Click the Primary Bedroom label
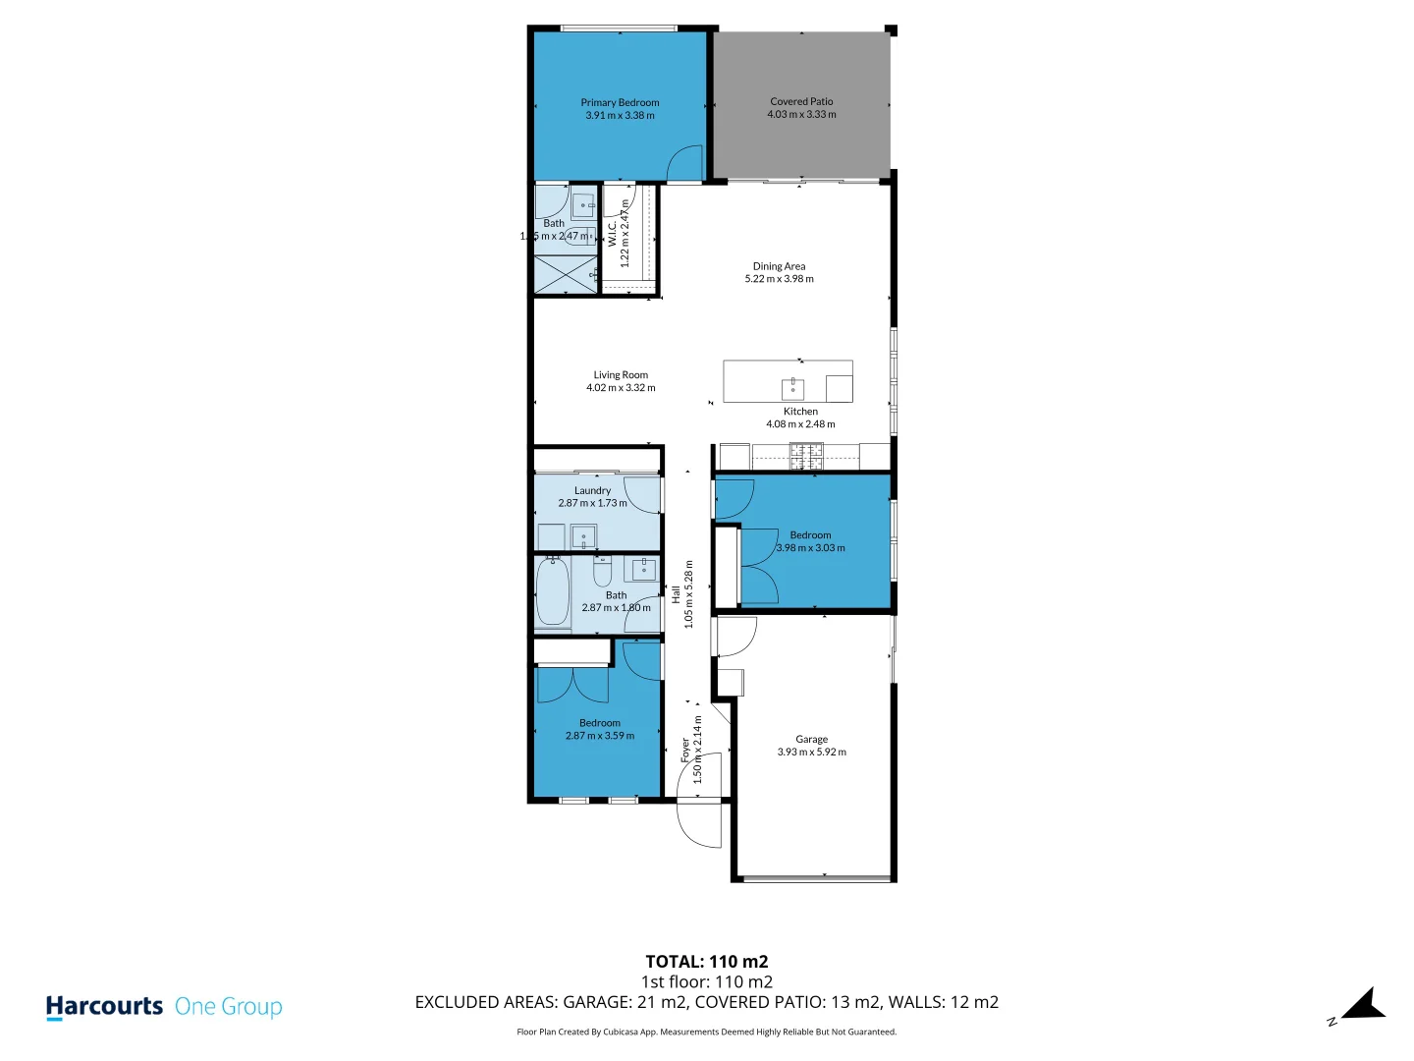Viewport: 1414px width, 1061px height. coord(620,102)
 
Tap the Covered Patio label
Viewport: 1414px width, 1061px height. coord(801,101)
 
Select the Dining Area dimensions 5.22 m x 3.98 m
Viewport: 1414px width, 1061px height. coord(779,279)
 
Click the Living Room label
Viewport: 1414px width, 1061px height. coord(621,374)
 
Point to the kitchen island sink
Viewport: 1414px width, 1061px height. coord(792,388)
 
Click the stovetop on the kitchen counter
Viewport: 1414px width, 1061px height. coord(806,454)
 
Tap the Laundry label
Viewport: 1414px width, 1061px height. coord(592,490)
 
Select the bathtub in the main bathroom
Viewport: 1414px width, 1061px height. coord(553,591)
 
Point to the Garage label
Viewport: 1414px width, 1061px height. coord(811,739)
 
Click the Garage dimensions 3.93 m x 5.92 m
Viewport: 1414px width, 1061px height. coord(811,753)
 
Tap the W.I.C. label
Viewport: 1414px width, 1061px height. coord(612,234)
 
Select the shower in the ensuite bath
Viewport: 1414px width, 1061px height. coord(565,274)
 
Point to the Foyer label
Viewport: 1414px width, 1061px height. coord(685,751)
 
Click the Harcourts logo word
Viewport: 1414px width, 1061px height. coord(104,1007)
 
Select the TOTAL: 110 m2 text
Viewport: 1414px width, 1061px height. coord(706,962)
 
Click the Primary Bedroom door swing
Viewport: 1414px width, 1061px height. coord(686,164)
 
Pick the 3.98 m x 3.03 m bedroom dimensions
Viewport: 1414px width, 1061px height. coord(810,548)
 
